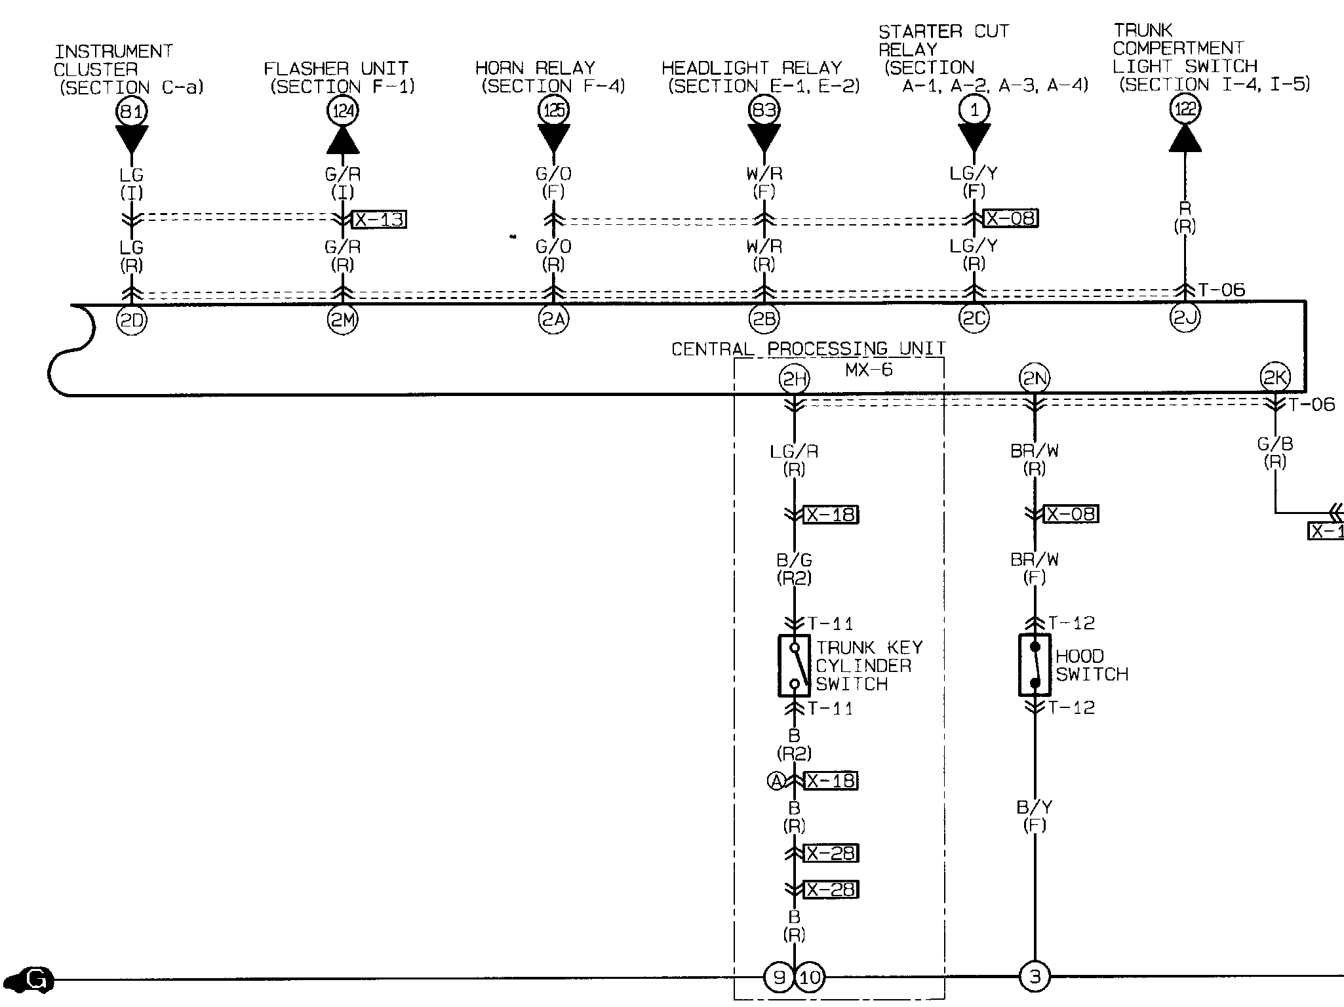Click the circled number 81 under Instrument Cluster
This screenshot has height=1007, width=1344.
tap(131, 111)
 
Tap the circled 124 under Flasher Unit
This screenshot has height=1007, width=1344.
tap(343, 111)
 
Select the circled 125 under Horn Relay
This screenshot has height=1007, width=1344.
tap(554, 110)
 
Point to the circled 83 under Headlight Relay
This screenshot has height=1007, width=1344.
tap(764, 110)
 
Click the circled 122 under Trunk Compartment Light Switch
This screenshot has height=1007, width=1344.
tap(1185, 109)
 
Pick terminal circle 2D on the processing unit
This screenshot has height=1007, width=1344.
tap(131, 320)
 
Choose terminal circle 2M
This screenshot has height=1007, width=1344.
tap(343, 320)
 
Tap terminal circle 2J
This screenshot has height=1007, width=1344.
tap(1185, 318)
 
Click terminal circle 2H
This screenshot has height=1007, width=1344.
tap(794, 379)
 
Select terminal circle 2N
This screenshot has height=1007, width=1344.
tap(1035, 378)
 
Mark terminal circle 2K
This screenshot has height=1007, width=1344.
tap(1275, 377)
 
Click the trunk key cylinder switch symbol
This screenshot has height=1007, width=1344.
tap(794, 665)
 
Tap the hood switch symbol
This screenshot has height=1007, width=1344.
tap(1035, 665)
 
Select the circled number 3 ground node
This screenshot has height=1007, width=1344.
tap(1035, 977)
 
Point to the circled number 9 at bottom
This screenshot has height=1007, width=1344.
tap(779, 977)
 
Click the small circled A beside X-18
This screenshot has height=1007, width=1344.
tap(777, 781)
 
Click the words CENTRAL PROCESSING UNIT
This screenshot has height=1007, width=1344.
tap(808, 348)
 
